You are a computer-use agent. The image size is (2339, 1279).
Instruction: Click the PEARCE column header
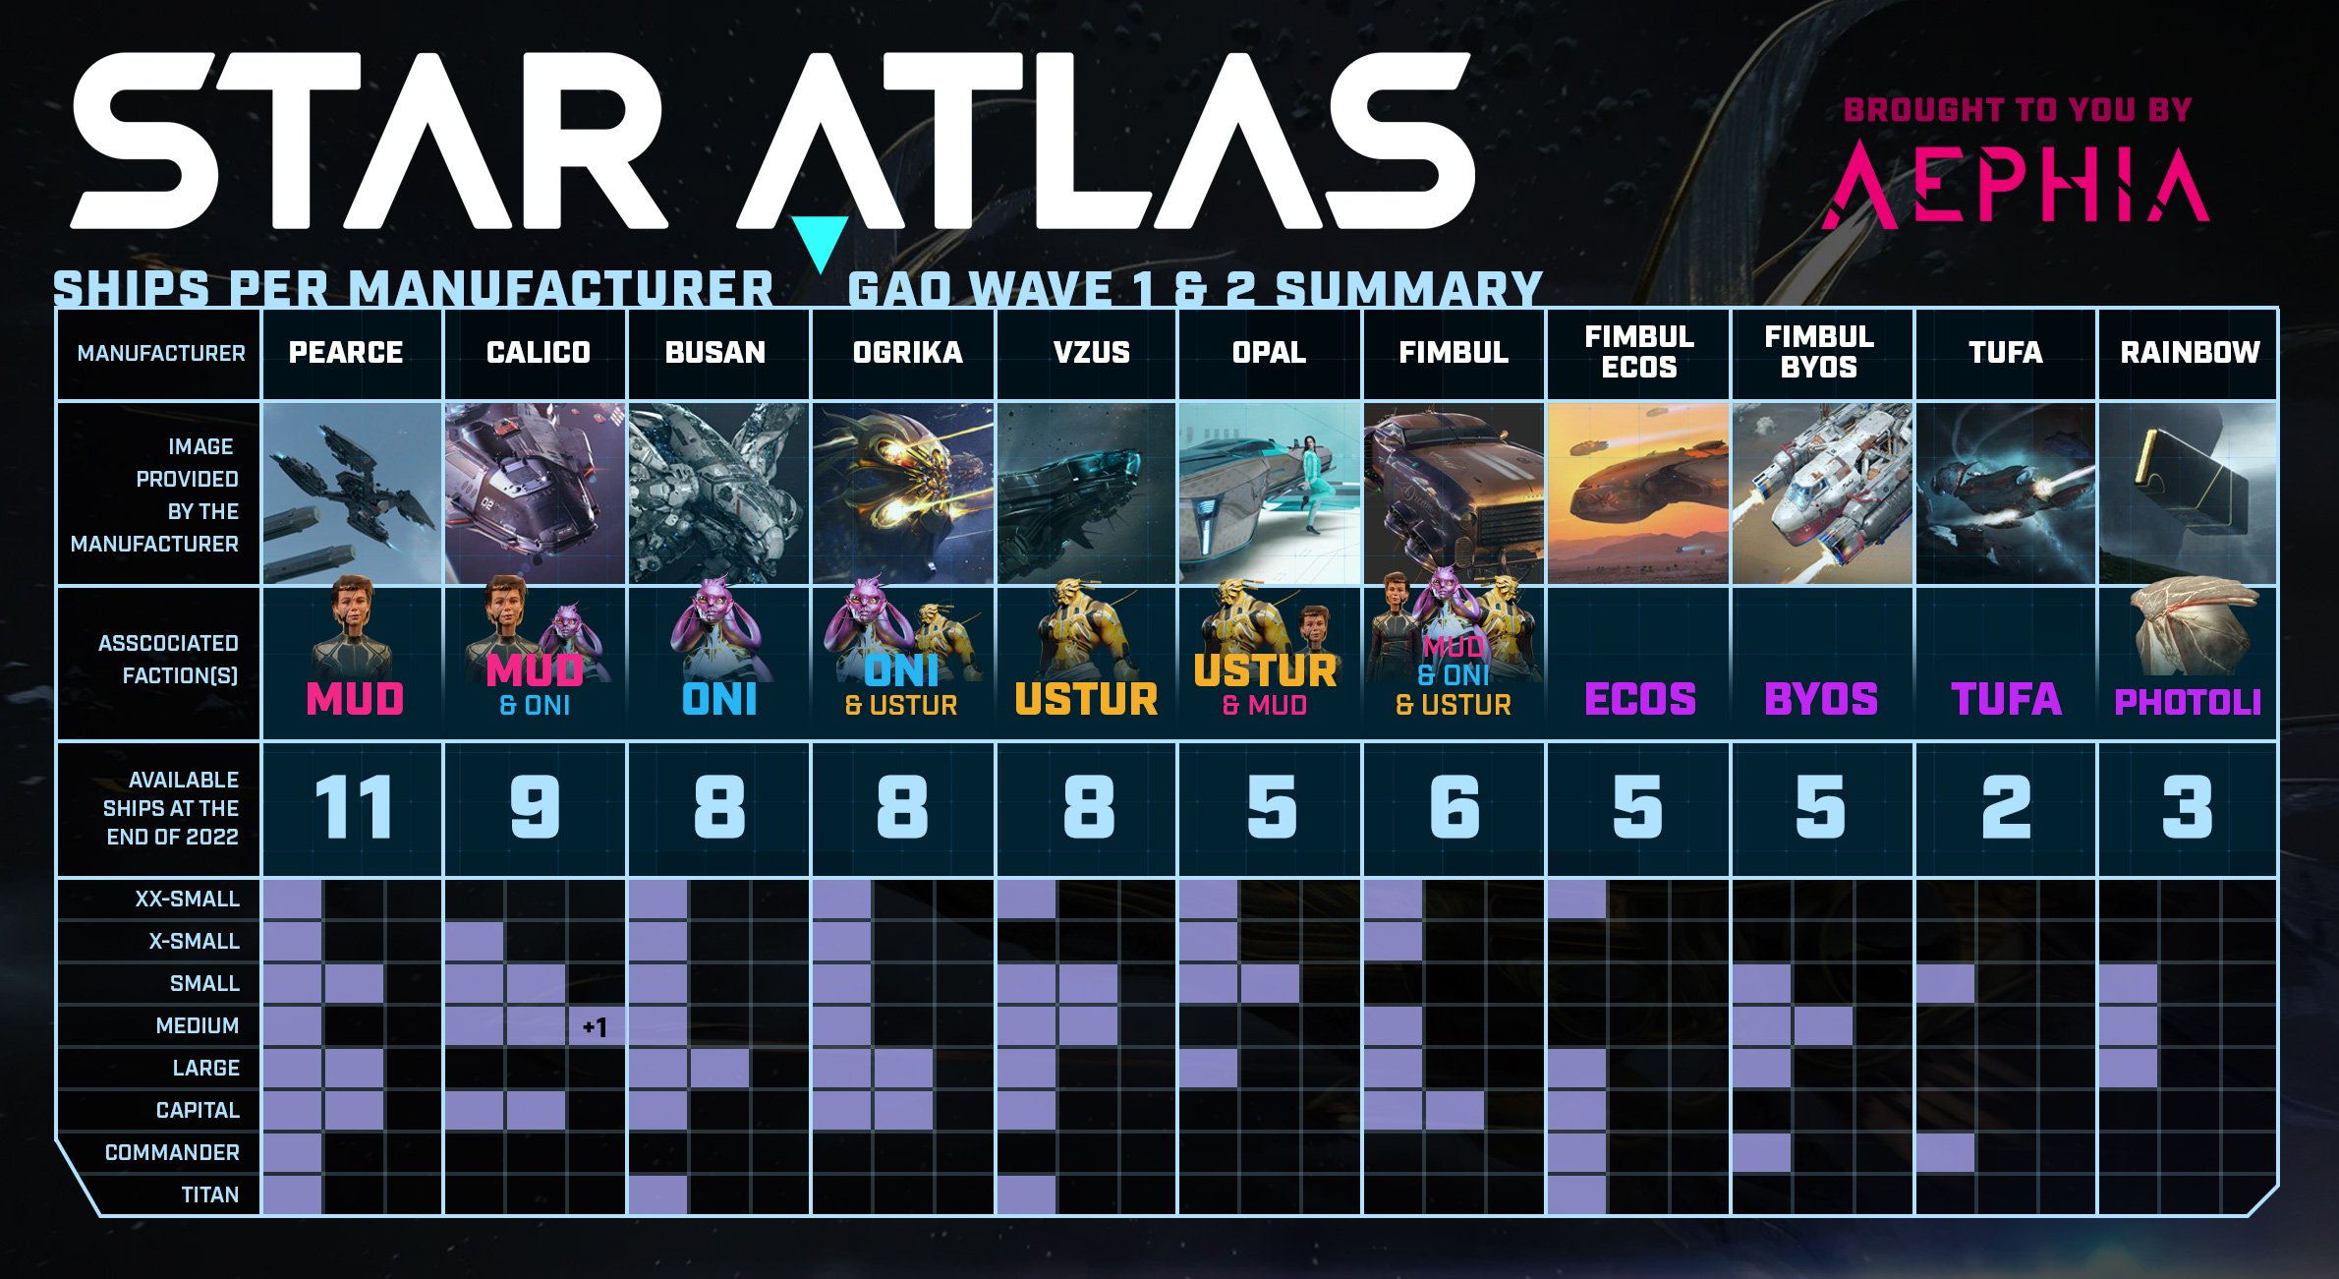tap(346, 352)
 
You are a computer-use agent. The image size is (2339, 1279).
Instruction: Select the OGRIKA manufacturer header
tap(907, 352)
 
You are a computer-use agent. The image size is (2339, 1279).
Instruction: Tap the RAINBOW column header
tap(2190, 352)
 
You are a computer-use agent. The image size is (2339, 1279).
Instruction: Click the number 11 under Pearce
tap(354, 808)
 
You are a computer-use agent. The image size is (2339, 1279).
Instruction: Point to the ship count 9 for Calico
tap(536, 808)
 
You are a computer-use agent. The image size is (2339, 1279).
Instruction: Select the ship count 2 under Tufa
tap(2006, 808)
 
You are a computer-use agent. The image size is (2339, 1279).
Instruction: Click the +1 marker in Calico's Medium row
tap(595, 1027)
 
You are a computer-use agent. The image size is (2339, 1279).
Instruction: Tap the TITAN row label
tap(209, 1194)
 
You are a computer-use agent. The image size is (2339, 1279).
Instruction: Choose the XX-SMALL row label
tap(187, 899)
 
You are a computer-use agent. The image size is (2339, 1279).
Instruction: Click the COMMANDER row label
tap(172, 1152)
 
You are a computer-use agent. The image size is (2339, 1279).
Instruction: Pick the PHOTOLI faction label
tap(2188, 702)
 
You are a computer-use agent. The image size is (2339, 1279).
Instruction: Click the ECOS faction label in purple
tap(1640, 699)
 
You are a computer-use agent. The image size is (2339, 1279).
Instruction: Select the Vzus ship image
tap(1086, 494)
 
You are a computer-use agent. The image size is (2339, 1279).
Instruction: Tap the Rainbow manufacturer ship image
tap(2188, 494)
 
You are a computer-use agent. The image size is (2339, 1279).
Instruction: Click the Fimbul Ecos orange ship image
tap(1638, 494)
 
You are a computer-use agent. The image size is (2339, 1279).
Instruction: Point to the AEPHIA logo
tap(2016, 184)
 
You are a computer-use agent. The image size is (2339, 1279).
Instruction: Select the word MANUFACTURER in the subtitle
tap(561, 289)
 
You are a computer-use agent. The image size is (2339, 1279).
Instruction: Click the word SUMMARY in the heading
tap(1408, 289)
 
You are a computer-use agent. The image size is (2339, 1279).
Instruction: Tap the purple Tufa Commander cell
tap(1945, 1152)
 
